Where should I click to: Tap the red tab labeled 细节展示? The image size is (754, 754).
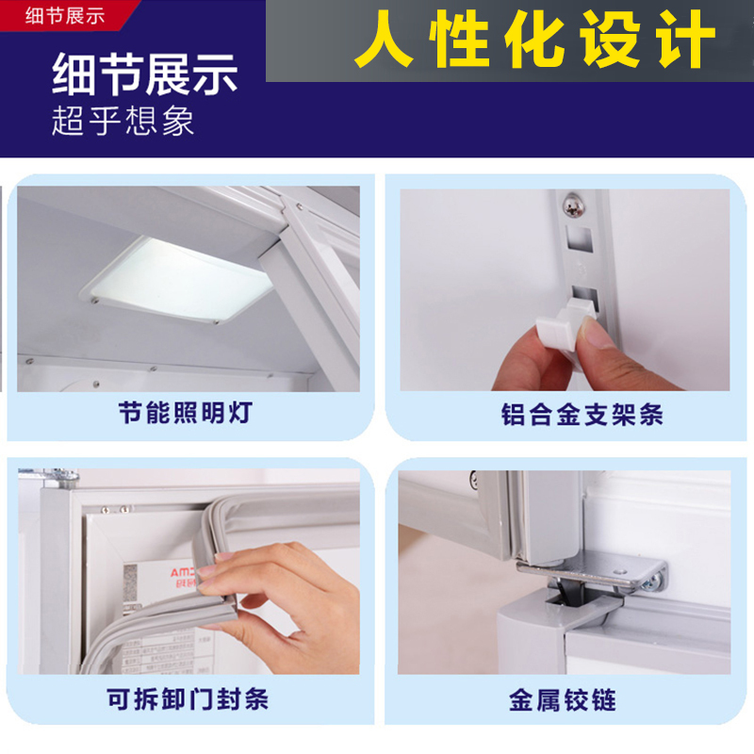coord(65,14)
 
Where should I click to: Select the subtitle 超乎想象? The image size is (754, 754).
coord(123,122)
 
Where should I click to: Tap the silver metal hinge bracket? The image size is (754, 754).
coord(603,570)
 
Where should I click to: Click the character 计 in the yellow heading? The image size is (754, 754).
coord(684,41)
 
